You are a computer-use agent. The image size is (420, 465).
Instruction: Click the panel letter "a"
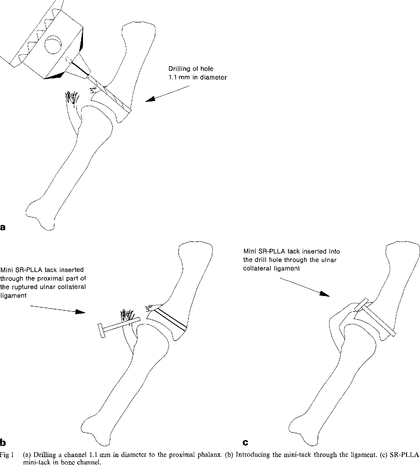[3, 227]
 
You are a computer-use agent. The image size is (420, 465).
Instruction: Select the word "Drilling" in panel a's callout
[179, 69]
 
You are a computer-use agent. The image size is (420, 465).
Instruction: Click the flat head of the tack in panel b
[101, 331]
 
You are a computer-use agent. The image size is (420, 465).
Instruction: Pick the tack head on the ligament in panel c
[361, 304]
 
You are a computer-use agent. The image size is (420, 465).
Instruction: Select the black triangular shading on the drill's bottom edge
[55, 76]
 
